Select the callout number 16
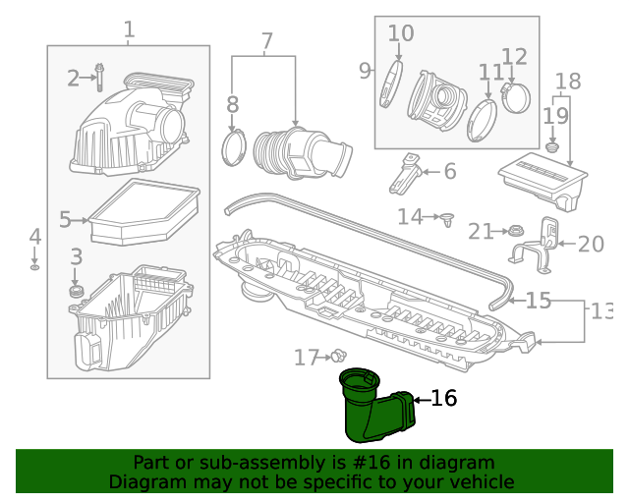[x=444, y=398]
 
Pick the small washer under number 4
[x=35, y=266]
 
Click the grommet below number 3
[x=77, y=292]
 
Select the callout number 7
[x=266, y=42]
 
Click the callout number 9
[x=365, y=71]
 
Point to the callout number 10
[x=401, y=33]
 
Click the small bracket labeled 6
[x=407, y=175]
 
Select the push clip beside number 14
[x=448, y=217]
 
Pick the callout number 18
[x=568, y=82]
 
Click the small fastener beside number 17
[x=339, y=356]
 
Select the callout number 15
[x=539, y=300]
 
